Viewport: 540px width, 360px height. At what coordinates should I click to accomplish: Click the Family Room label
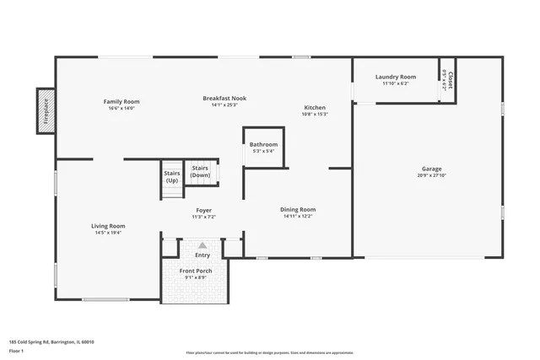point(121,101)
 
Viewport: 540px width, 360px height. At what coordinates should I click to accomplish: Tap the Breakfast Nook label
point(220,99)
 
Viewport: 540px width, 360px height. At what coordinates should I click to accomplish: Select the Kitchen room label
point(315,108)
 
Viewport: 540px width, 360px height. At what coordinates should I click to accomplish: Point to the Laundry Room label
point(395,77)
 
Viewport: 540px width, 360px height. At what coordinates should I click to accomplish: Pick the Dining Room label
point(299,209)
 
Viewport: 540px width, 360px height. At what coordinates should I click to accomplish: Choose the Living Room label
point(108,225)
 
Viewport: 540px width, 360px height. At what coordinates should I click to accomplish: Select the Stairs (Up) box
point(172,177)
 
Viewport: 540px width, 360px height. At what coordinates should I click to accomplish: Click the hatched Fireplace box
point(46,110)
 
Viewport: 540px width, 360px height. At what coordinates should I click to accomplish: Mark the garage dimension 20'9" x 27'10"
point(431,175)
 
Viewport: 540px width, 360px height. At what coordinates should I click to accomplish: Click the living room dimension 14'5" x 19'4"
point(108,232)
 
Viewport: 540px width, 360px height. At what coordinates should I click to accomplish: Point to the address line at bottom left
point(51,341)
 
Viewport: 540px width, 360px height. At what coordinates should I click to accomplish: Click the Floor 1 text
point(17,351)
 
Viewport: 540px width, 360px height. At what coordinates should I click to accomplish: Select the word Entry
point(202,255)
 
